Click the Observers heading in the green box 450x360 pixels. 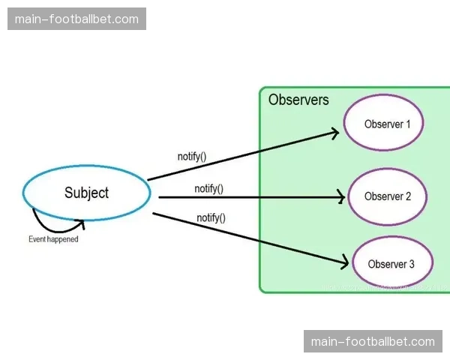click(x=298, y=100)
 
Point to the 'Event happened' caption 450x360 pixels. click(x=53, y=240)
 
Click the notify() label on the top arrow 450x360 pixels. click(x=192, y=157)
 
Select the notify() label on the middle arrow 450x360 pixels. click(x=208, y=189)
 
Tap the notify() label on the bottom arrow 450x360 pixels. click(x=211, y=217)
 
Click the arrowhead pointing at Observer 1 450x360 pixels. click(x=335, y=133)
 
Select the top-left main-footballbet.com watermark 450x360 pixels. click(x=77, y=19)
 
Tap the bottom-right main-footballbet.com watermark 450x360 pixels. click(x=373, y=341)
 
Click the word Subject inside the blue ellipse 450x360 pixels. click(x=87, y=193)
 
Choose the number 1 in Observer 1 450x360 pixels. click(x=408, y=124)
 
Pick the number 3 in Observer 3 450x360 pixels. click(x=411, y=264)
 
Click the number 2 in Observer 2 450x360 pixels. click(x=409, y=196)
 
